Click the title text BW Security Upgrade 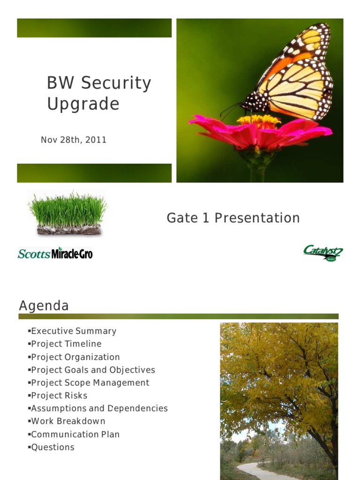click(99, 93)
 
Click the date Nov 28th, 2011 click(74, 140)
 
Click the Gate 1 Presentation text click(233, 218)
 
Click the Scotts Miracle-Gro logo click(55, 254)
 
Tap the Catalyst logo click(322, 253)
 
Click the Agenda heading click(44, 306)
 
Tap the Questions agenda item click(52, 447)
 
